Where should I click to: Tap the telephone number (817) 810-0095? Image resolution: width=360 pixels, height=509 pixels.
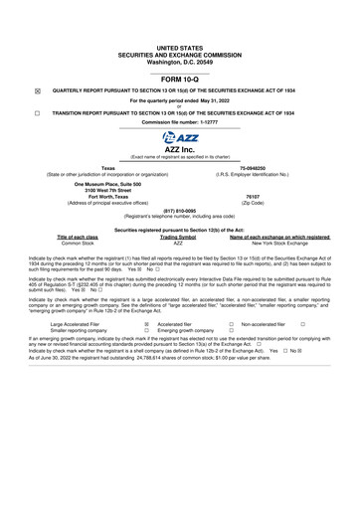[x=179, y=210]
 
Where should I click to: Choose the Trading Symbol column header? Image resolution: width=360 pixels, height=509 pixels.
[x=179, y=237]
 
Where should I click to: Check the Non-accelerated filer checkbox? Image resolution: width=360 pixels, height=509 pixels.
[x=302, y=324]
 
